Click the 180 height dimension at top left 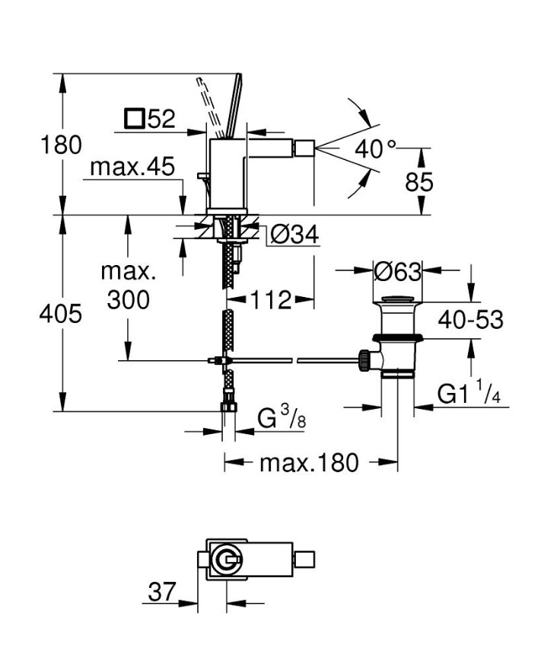coord(60,144)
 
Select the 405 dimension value coord(60,313)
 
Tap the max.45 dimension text coord(132,167)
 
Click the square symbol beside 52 coord(135,119)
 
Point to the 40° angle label coord(375,149)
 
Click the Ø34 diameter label coord(293,235)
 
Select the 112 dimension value coord(272,301)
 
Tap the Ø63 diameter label coord(398,270)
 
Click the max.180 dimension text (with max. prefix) coord(309,462)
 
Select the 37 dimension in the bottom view coord(161,591)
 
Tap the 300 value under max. coord(128,300)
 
